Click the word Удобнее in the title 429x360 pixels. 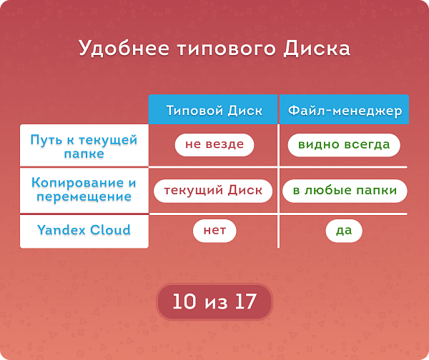[124, 49]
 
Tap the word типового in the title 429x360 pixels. [226, 49]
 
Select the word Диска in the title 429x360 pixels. [317, 49]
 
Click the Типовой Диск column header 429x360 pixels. [213, 109]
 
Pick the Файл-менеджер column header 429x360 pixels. [344, 109]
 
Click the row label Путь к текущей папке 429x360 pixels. [84, 146]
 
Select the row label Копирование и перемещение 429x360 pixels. [84, 189]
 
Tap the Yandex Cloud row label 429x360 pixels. [84, 229]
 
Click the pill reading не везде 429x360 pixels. [214, 145]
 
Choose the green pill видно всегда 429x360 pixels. [344, 145]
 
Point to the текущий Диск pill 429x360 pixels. [213, 191]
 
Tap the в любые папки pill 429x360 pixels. [345, 191]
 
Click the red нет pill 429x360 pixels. [214, 231]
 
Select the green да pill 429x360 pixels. [344, 231]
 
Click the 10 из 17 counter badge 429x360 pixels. [214, 301]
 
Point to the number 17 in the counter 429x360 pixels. [246, 301]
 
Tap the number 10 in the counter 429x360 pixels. [184, 301]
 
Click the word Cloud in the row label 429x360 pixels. [110, 229]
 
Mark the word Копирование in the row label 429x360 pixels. [77, 183]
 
